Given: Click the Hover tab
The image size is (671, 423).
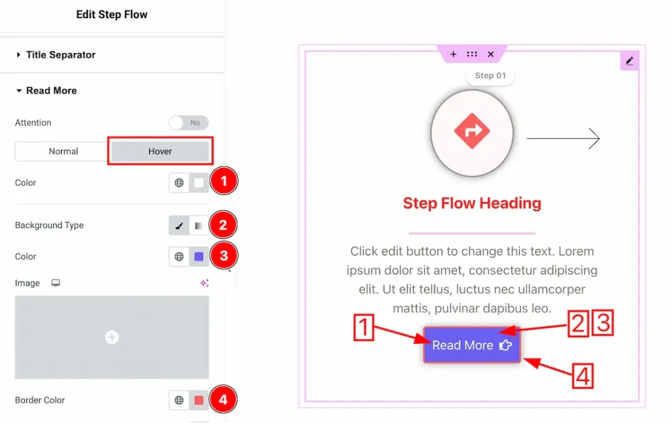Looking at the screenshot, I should (160, 151).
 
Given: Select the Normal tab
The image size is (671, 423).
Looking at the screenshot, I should (64, 151).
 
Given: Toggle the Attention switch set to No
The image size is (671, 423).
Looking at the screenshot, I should (189, 122).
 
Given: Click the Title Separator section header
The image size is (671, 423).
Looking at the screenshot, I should (60, 55).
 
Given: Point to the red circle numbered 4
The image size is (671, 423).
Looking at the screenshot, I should (223, 399).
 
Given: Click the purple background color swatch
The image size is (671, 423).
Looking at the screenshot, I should (199, 257).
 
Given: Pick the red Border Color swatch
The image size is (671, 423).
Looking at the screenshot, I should (199, 400).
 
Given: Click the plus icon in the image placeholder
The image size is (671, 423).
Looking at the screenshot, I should (112, 337).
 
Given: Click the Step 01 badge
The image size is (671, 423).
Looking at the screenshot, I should (490, 75).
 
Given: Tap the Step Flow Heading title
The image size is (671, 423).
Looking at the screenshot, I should (472, 203).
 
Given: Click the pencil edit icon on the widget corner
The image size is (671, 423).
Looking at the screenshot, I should (630, 61).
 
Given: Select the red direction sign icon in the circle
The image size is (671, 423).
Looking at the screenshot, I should (472, 132).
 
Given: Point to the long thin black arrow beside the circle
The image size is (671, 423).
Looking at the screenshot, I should (563, 138).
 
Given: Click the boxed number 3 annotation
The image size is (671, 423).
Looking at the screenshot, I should (602, 324).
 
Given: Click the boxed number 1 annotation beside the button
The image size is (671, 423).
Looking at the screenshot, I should (364, 327).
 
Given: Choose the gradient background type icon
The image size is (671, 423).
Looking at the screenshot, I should (199, 225).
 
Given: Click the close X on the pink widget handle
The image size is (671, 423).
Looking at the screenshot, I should (491, 54).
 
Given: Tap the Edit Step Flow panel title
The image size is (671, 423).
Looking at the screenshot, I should (112, 14).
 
